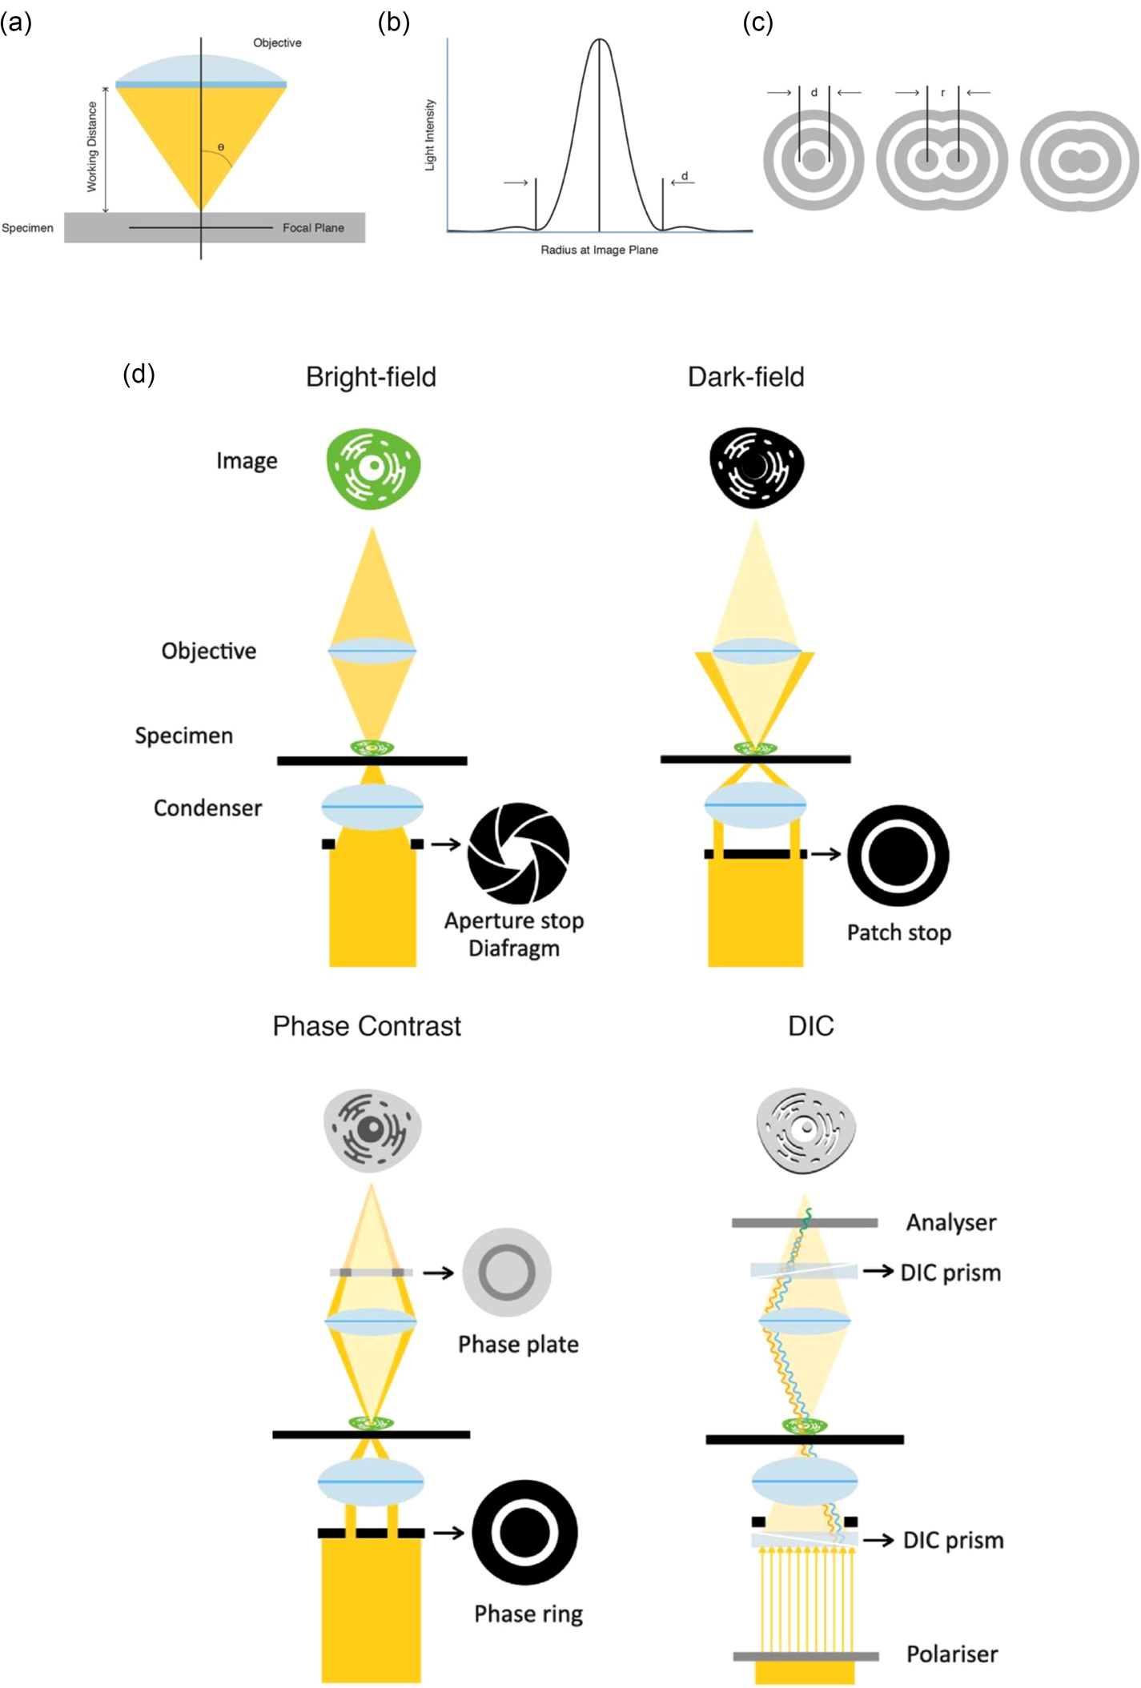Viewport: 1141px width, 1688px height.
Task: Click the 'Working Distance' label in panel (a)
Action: pyautogui.click(x=92, y=146)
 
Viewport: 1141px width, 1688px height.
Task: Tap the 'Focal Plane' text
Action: pyautogui.click(x=313, y=228)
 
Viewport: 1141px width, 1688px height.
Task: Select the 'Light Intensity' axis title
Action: pyautogui.click(x=430, y=134)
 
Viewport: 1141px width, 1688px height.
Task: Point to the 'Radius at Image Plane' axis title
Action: pyautogui.click(x=599, y=250)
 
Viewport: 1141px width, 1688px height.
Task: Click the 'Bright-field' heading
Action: pyautogui.click(x=371, y=377)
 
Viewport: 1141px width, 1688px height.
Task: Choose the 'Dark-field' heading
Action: pyautogui.click(x=745, y=377)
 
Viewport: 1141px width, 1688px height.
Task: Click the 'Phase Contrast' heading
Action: pyautogui.click(x=367, y=1026)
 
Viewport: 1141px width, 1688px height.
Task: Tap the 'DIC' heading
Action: pyautogui.click(x=810, y=1026)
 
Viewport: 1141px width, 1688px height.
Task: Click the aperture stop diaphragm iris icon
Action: pyautogui.click(x=519, y=853)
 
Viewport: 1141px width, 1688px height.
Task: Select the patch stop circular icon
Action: pyautogui.click(x=898, y=856)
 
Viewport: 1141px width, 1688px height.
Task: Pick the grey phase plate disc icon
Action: pyautogui.click(x=507, y=1272)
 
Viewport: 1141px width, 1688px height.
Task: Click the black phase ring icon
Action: pyautogui.click(x=524, y=1533)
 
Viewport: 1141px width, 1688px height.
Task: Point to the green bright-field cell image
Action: pyautogui.click(x=373, y=468)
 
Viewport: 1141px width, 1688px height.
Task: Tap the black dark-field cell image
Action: pyautogui.click(x=756, y=467)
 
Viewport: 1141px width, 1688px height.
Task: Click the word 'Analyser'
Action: pyautogui.click(x=951, y=1222)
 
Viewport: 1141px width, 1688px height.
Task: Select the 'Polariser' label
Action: pyautogui.click(x=952, y=1654)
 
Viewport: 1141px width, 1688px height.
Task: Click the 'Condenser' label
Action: pyautogui.click(x=207, y=808)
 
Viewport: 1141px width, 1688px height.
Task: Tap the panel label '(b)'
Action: pyautogui.click(x=393, y=22)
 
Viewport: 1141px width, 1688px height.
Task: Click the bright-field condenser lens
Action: pyautogui.click(x=372, y=807)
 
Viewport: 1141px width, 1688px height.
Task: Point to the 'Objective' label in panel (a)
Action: pyautogui.click(x=277, y=43)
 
